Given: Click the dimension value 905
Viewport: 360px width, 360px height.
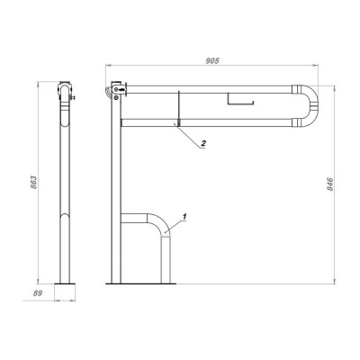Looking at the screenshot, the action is click(x=212, y=60).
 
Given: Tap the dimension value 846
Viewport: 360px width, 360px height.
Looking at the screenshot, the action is click(x=330, y=184).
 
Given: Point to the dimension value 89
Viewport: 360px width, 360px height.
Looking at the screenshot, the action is click(x=38, y=293).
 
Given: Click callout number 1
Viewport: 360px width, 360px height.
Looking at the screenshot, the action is click(x=184, y=216).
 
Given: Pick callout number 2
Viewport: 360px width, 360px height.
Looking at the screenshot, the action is click(x=203, y=143).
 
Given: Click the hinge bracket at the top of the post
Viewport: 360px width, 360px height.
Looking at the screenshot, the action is click(x=120, y=89).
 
